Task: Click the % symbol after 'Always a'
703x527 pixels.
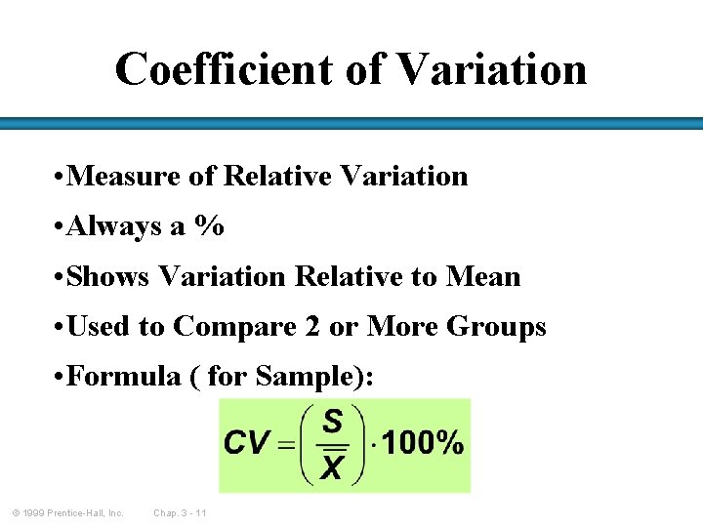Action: [208, 227]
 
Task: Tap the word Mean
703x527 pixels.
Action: [483, 277]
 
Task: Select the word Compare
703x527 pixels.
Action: [235, 328]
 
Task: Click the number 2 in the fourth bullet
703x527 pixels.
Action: [312, 328]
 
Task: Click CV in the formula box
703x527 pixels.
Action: [247, 444]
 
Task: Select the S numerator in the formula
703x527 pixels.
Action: [333, 422]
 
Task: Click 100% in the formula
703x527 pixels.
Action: [421, 444]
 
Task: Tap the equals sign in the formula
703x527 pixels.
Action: [287, 445]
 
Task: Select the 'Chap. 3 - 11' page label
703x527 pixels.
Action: [180, 513]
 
